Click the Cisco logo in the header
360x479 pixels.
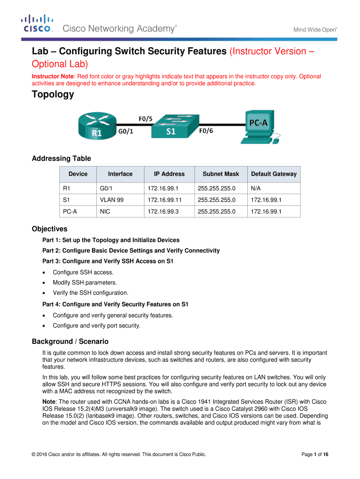tap(37, 23)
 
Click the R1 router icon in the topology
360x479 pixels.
tap(97, 126)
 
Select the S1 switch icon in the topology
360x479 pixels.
tap(175, 126)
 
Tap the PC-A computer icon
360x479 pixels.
tap(260, 127)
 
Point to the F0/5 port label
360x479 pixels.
tap(145, 119)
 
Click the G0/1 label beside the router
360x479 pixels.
tap(126, 131)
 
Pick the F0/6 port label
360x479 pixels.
tap(206, 131)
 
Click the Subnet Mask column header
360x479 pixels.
tap(221, 174)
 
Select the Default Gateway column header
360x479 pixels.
tap(274, 174)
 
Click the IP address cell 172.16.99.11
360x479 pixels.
tap(165, 200)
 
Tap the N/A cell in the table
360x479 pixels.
tap(256, 189)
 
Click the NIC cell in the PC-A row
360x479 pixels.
tap(105, 212)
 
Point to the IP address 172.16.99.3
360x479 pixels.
tap(163, 212)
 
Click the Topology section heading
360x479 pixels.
tap(53, 94)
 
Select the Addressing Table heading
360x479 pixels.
tap(61, 159)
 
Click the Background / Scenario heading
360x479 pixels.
tap(70, 341)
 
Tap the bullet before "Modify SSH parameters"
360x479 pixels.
tap(44, 283)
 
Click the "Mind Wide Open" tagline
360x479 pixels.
tap(315, 29)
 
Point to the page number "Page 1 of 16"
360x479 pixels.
tap(315, 455)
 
